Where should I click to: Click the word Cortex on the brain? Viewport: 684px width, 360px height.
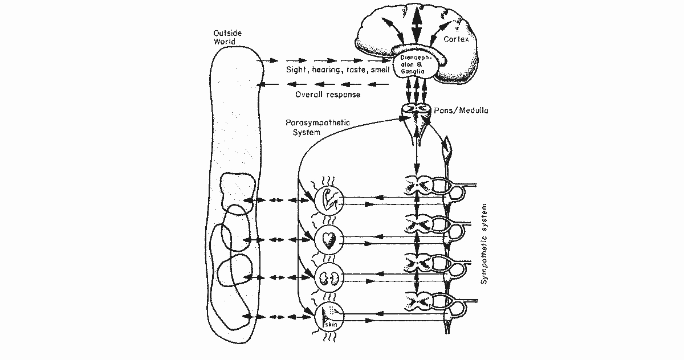click(456, 39)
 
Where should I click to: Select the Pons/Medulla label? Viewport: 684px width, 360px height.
click(461, 110)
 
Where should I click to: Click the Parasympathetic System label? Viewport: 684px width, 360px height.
click(317, 127)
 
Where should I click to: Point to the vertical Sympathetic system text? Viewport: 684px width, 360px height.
click(484, 244)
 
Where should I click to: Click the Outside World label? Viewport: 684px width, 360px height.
click(227, 37)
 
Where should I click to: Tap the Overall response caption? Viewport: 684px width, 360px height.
click(328, 95)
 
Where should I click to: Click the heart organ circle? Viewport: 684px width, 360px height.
click(329, 239)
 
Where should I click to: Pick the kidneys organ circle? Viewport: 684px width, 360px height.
click(329, 277)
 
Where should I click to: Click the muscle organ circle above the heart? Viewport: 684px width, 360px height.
click(329, 201)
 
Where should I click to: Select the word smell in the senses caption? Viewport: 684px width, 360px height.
click(380, 70)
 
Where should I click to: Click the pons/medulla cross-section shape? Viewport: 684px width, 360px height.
click(416, 112)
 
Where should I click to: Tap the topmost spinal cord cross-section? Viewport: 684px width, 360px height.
click(418, 184)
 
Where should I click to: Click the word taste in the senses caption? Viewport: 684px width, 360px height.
click(356, 70)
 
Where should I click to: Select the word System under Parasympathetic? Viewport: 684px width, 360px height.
click(307, 132)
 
